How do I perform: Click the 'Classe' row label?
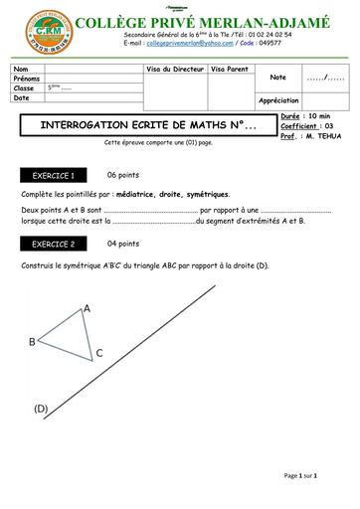pos(24,88)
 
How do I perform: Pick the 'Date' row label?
pos(22,98)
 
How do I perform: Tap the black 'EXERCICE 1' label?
pos(54,174)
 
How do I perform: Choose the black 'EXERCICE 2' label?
pos(54,244)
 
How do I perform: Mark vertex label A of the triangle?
pos(87,308)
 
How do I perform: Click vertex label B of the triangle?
pos(32,342)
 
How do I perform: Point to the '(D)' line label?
pos(41,409)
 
